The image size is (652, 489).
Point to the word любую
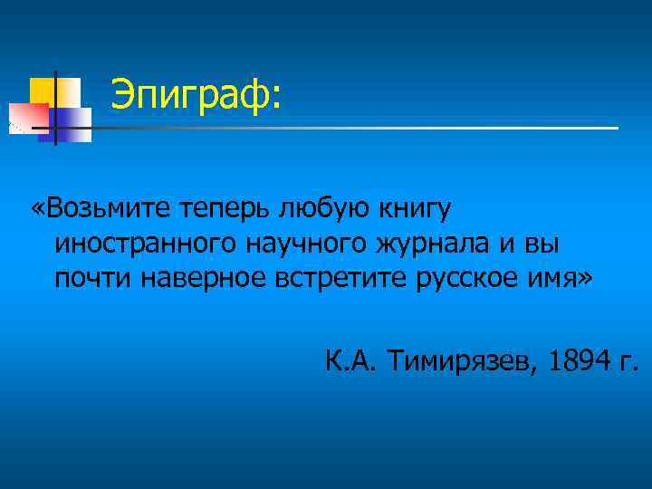pyautogui.click(x=316, y=210)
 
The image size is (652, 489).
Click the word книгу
pyautogui.click(x=411, y=210)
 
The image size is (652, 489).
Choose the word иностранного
pyautogui.click(x=144, y=244)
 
